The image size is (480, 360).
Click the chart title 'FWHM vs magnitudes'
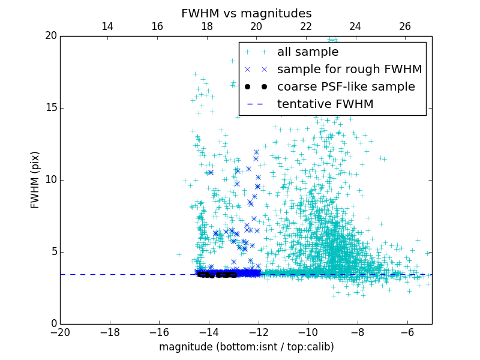tap(246, 13)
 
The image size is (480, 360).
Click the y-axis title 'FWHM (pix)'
tap(35, 179)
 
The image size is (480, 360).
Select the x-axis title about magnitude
tap(246, 347)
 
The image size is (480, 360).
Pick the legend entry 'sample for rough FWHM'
tap(349, 70)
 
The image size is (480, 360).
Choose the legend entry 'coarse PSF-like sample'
tap(346, 87)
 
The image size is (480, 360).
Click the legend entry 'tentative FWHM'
tap(325, 104)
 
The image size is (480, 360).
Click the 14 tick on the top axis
tap(107, 26)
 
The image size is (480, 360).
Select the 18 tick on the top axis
tap(207, 26)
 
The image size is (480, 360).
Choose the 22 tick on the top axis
tap(306, 26)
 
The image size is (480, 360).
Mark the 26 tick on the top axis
tap(405, 26)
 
